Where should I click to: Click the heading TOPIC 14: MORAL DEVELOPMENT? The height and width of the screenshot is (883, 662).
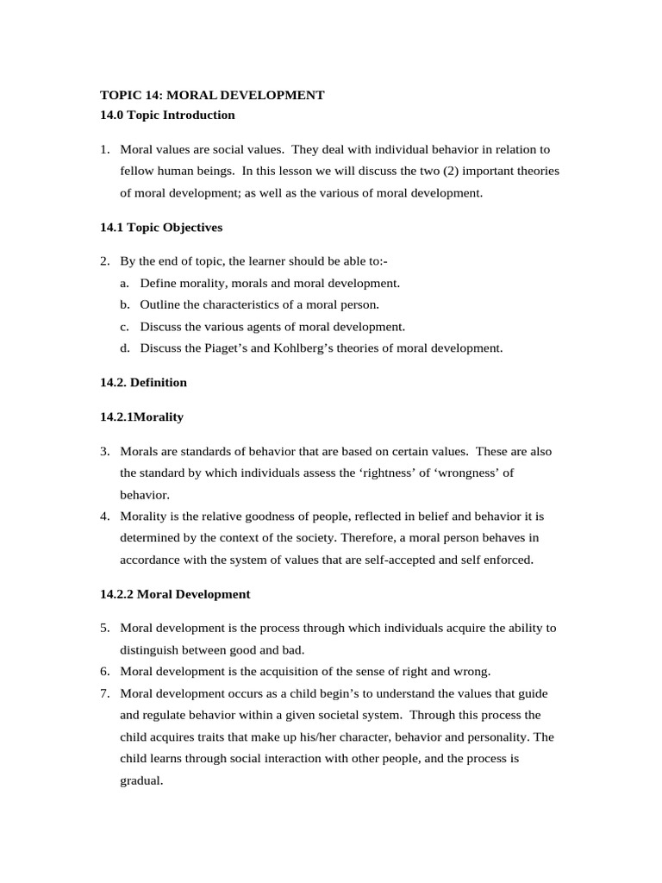(212, 95)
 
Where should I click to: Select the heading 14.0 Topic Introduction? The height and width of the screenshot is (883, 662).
(167, 115)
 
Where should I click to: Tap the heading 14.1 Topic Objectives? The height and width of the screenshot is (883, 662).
(161, 228)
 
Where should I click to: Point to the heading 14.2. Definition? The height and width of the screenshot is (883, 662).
(143, 382)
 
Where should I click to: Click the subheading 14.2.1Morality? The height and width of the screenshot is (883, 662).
(141, 416)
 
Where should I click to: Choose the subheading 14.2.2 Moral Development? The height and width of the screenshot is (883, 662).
(175, 594)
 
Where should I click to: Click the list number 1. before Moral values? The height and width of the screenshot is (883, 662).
(104, 149)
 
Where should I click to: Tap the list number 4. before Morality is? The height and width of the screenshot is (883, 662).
(104, 517)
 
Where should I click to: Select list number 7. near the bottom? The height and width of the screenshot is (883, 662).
(104, 693)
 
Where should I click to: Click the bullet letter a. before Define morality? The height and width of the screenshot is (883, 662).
(125, 283)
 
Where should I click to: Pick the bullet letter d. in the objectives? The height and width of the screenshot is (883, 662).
(125, 348)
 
